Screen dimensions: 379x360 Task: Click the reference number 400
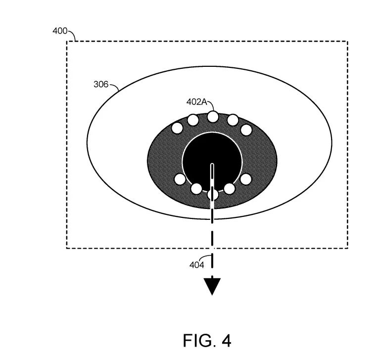coord(60,31)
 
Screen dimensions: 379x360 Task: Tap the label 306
coord(101,84)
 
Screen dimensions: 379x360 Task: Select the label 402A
coord(197,102)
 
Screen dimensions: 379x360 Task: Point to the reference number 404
coord(196,265)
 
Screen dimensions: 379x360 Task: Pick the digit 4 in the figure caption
coord(226,340)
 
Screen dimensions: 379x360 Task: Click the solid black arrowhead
coord(212,287)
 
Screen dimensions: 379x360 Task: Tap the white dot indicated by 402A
coord(213,116)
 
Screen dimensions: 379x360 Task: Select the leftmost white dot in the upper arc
coord(177,128)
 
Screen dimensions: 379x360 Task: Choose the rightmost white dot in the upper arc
coord(246,130)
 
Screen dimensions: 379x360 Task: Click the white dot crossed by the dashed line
coord(213,195)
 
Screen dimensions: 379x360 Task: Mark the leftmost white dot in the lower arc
coord(180,179)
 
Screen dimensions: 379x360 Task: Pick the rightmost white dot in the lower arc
coord(246,179)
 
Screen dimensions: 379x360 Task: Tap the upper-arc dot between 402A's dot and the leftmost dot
coord(193,120)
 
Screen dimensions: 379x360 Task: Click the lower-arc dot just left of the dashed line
coord(196,189)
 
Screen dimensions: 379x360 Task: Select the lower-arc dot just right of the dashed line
coord(230,189)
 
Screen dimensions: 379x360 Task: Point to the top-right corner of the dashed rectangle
coord(348,42)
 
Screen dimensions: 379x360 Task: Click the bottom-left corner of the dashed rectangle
coord(67,248)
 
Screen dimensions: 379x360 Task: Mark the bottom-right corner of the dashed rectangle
coord(348,248)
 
